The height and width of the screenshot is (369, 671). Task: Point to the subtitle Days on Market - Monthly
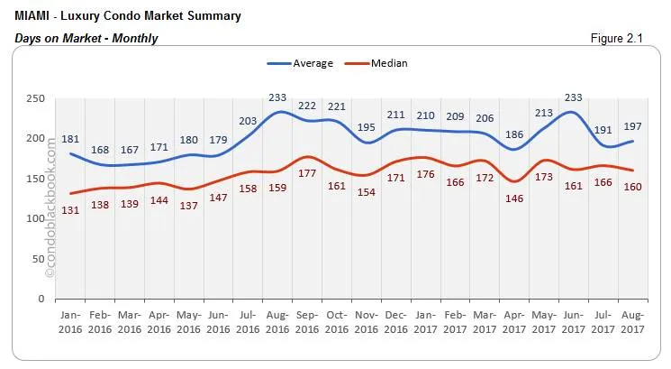point(86,38)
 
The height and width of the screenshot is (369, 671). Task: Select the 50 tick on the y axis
point(37,259)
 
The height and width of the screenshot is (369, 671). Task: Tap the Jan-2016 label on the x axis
point(70,322)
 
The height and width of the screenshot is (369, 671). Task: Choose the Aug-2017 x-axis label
point(632,322)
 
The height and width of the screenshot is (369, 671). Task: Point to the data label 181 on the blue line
point(71,140)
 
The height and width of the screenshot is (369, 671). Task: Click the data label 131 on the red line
point(70,209)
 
